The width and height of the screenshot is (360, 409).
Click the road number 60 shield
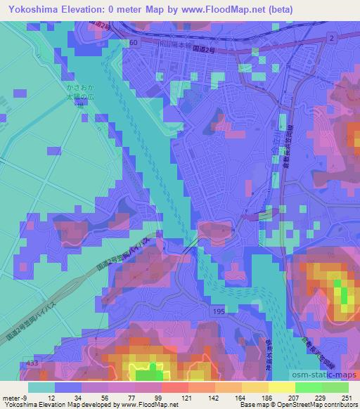134,43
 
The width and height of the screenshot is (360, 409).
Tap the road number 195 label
219,310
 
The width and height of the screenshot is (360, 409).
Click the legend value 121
186,398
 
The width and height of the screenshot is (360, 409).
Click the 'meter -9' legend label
14,398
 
